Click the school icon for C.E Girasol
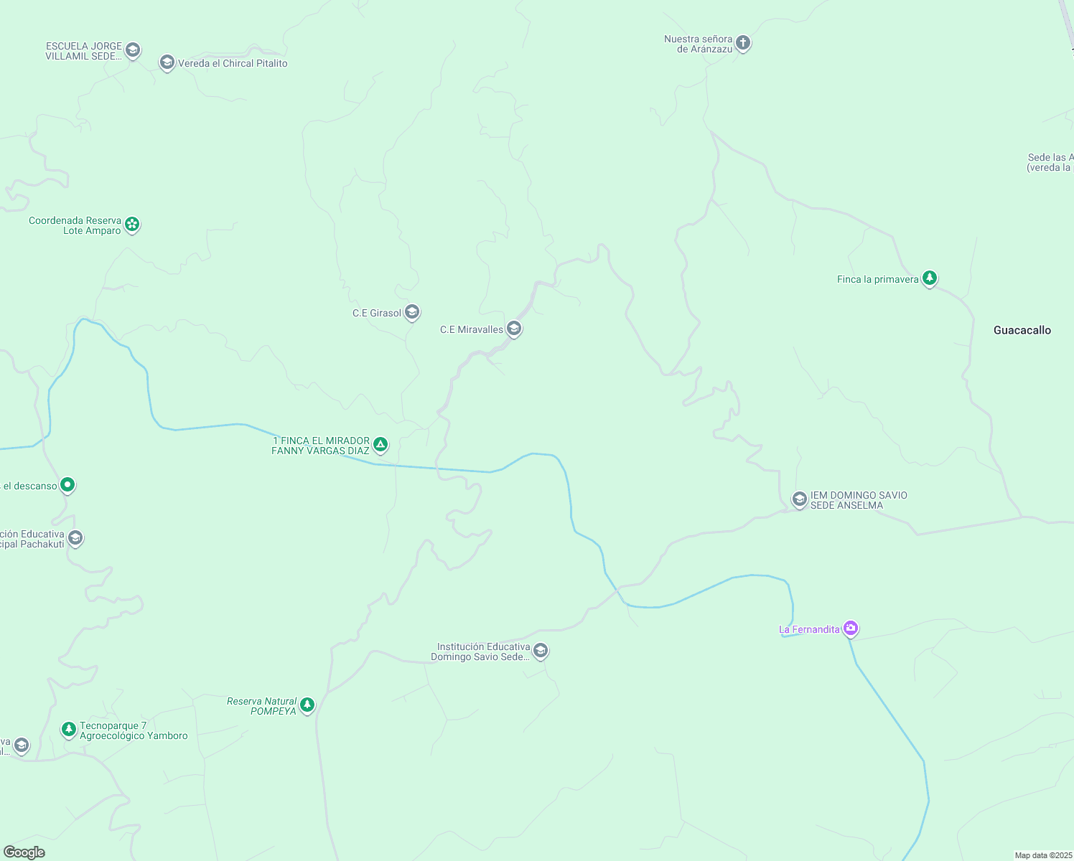point(412,311)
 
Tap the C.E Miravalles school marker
point(513,329)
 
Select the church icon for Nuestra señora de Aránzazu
point(743,43)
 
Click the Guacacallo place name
point(1022,330)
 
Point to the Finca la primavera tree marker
point(930,278)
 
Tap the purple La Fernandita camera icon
point(851,629)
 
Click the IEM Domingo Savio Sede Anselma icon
point(799,499)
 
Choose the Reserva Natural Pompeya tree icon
point(307,705)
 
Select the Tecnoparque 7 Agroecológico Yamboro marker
point(69,730)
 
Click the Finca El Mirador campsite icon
point(380,445)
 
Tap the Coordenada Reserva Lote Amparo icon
point(132,225)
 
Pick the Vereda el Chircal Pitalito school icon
point(167,63)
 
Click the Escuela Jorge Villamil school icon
point(132,50)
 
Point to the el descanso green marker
point(67,485)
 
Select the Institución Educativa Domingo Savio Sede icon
point(541,651)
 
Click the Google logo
point(24,852)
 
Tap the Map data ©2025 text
point(1042,855)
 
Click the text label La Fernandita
point(809,629)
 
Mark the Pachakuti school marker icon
point(75,538)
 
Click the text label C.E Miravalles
point(472,329)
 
